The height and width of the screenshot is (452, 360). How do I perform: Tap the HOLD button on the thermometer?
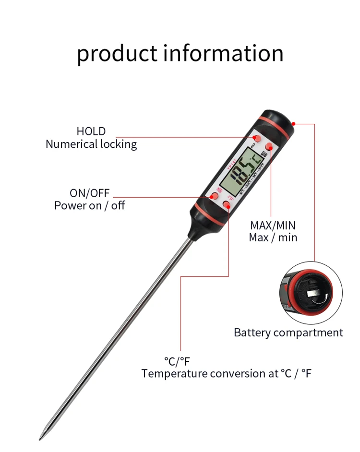coord(256,138)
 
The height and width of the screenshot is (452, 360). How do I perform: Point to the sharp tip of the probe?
coord(41,437)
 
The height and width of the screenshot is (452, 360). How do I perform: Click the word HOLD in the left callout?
coord(91,131)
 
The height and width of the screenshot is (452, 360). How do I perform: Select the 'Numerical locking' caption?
coord(91,144)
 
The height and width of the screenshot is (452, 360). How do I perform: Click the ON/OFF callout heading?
coord(90,193)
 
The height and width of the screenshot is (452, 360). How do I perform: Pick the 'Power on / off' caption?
coord(90,206)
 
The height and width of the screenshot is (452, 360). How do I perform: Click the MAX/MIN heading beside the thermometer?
coord(273,225)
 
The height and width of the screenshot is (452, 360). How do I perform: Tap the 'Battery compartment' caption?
coord(288,333)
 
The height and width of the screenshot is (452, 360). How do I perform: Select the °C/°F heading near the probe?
coord(177,361)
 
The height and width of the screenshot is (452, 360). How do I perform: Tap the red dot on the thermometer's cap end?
coord(294,123)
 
